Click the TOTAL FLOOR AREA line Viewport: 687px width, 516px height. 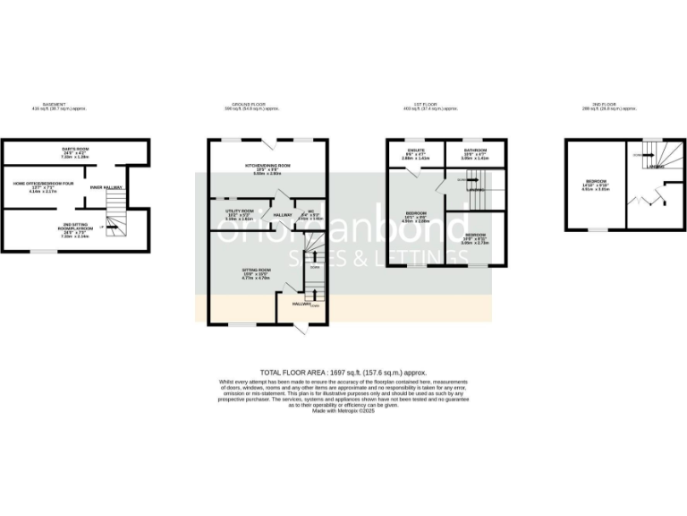tap(343, 372)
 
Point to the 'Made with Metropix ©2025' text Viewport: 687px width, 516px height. tap(343, 411)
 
